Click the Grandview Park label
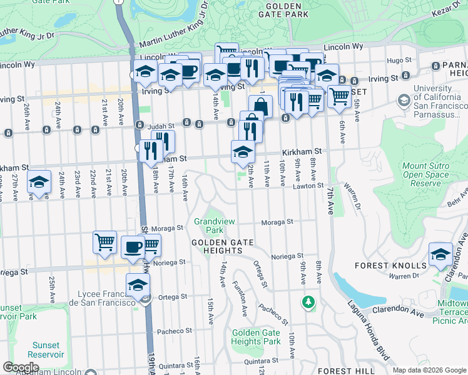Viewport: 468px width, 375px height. click(214, 226)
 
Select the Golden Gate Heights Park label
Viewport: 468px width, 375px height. click(255, 337)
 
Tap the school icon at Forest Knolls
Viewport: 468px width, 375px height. click(440, 255)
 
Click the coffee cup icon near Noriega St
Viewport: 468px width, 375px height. click(132, 246)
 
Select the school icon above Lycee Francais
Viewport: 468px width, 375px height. click(138, 285)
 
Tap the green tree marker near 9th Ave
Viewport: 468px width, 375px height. click(308, 302)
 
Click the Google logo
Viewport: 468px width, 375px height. click(21, 367)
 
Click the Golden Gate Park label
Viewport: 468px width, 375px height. click(287, 9)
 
